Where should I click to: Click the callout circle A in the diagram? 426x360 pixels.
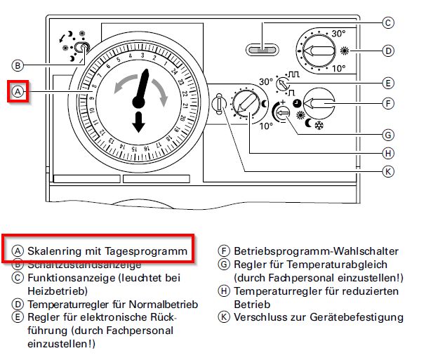tap(18, 92)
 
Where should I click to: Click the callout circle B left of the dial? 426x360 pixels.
tap(18, 65)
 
